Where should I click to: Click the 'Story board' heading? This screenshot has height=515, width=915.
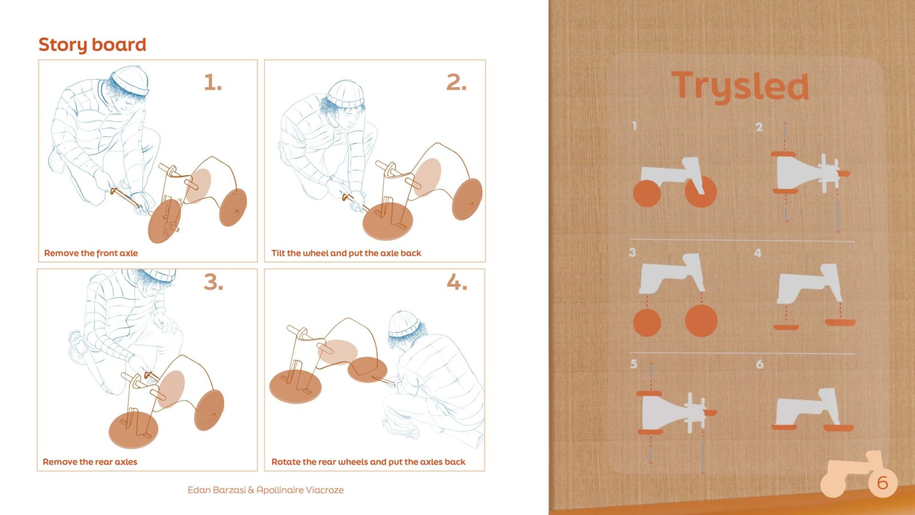click(92, 45)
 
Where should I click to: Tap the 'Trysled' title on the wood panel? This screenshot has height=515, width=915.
click(740, 87)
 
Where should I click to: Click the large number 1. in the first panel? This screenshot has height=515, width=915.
click(213, 82)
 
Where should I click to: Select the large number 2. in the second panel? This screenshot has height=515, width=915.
click(456, 82)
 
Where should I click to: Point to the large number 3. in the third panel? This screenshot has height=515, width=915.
click(214, 282)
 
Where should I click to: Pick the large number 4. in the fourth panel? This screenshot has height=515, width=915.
click(457, 282)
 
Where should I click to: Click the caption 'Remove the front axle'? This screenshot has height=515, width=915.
click(91, 253)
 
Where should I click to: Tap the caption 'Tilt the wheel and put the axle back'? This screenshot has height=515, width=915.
click(346, 253)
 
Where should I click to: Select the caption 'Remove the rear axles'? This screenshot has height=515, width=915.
click(90, 462)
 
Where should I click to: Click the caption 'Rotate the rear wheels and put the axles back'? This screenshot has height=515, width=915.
click(368, 462)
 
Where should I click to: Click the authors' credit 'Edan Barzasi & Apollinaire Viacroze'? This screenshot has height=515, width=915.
click(265, 490)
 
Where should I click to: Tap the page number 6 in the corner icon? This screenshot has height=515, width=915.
click(882, 483)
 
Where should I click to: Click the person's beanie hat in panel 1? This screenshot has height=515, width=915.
click(129, 81)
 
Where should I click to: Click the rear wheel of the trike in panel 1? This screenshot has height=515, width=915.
click(233, 207)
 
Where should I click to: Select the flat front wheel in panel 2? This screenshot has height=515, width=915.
click(388, 223)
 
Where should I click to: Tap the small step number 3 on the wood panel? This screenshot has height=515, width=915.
click(632, 252)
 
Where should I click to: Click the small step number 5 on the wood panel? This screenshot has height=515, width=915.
click(634, 364)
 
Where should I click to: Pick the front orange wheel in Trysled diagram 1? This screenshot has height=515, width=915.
click(701, 192)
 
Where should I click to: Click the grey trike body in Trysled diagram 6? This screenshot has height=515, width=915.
click(808, 409)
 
